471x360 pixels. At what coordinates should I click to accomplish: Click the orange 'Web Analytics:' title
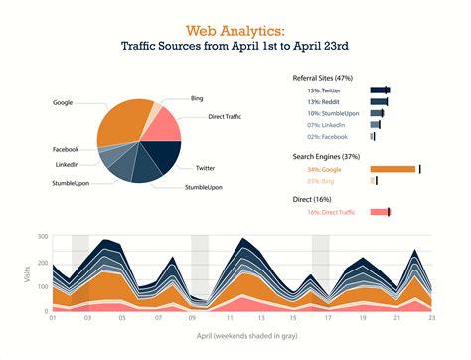point(235,30)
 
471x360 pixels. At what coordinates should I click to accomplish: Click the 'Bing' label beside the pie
point(197,99)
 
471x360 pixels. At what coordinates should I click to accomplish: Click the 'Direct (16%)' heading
point(315,200)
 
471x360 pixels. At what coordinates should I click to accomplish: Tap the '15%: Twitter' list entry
point(329,90)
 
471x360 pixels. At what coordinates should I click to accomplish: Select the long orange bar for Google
point(392,169)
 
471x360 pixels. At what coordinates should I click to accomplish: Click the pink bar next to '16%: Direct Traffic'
point(379,212)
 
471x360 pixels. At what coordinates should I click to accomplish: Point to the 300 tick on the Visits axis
point(43,237)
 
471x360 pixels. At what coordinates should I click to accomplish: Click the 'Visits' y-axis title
point(27,275)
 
